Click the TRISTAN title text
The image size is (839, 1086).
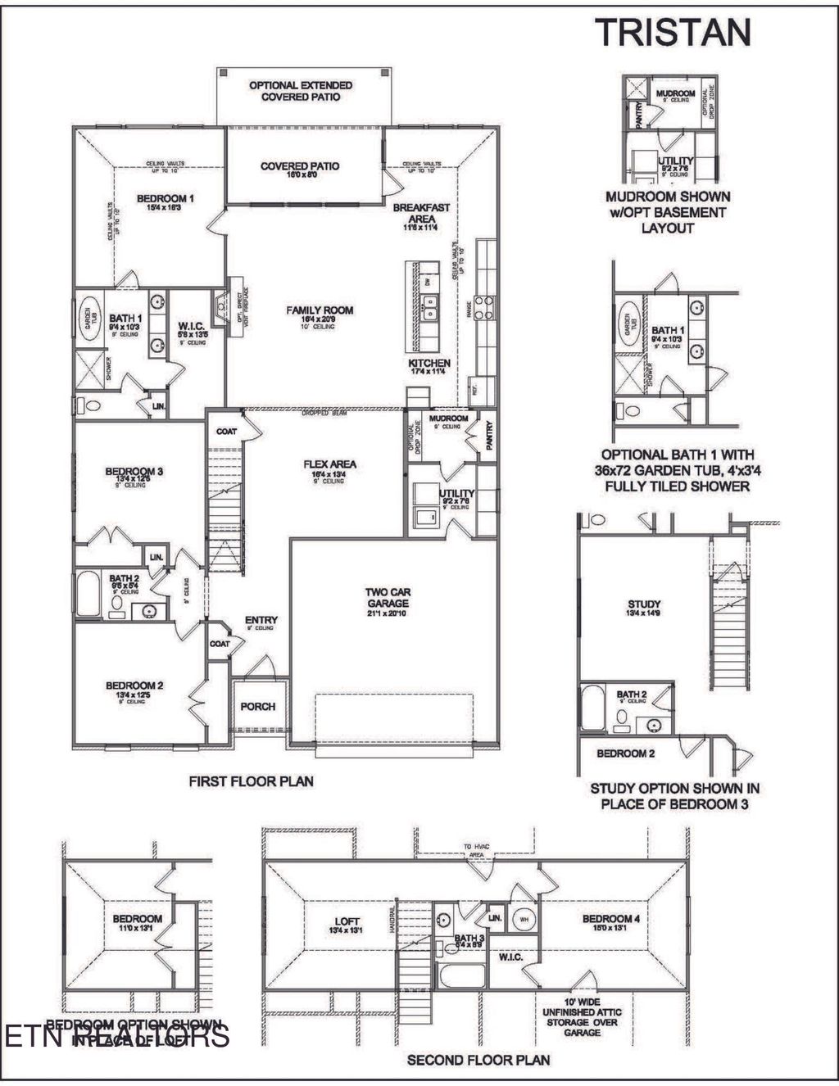[672, 32]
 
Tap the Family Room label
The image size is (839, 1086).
[320, 310]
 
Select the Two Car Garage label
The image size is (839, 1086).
[388, 597]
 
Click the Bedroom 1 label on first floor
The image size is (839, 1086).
[165, 198]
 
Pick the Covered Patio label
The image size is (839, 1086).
[300, 166]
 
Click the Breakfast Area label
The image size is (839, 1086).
[421, 213]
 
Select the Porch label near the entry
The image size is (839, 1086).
[257, 706]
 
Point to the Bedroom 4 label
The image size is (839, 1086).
[610, 919]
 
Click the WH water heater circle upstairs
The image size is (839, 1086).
[523, 919]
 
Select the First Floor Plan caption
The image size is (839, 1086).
[251, 781]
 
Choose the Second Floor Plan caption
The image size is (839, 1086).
[478, 1060]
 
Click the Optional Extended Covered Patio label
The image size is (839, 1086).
[301, 91]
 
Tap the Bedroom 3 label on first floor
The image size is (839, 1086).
[134, 471]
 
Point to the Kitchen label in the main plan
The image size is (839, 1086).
[429, 363]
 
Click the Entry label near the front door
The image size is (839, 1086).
[261, 620]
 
